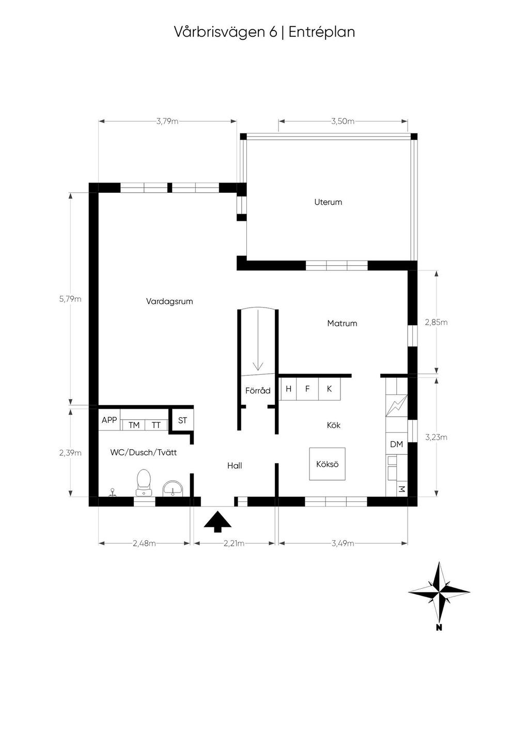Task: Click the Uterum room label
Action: coord(328,202)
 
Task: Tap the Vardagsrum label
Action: coord(169,301)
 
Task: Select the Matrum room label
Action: coord(342,324)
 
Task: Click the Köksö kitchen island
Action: coord(327,464)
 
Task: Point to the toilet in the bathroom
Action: coord(144,482)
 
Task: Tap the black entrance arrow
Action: coord(217,521)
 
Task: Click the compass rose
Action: coord(439,592)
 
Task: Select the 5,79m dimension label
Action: coord(70,299)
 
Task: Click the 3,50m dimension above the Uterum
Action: coord(343,121)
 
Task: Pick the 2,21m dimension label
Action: coord(234,543)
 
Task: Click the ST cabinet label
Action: coord(182,420)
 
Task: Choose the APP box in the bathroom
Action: coord(110,420)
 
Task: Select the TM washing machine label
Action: coord(134,425)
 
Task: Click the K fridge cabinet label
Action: coord(329,389)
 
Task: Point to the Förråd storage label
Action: coord(258,391)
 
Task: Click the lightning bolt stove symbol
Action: coord(397,406)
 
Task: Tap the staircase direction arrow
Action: coord(258,340)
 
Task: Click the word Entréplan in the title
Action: coord(321,32)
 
